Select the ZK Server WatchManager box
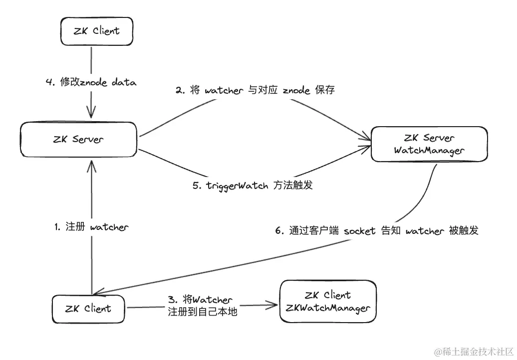[429, 144]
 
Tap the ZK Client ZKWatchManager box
[328, 302]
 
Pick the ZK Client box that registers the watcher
[88, 309]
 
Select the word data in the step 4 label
[123, 82]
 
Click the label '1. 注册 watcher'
[91, 227]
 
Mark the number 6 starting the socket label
[278, 231]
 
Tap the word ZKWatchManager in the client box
[328, 308]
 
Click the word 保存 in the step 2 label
[324, 90]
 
